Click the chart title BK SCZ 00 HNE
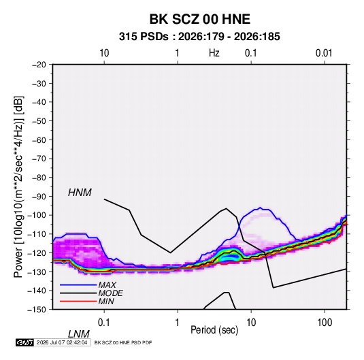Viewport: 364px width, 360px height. [199, 19]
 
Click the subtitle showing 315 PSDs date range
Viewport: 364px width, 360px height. [199, 37]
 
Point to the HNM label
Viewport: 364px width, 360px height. [80, 193]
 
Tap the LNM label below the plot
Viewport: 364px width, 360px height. [79, 334]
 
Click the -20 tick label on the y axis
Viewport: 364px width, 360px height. [39, 65]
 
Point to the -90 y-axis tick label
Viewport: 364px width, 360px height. [39, 197]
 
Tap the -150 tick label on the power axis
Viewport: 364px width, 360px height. [37, 310]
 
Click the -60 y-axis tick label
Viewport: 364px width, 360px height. [39, 140]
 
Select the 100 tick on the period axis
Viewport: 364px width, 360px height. [325, 323]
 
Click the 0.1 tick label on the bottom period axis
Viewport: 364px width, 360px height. [104, 323]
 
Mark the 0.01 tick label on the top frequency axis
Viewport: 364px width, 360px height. [324, 53]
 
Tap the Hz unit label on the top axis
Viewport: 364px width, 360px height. [214, 53]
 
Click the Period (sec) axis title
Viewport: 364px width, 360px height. [214, 330]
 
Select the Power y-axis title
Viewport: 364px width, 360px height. [18, 187]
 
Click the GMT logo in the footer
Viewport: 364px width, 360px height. [25, 342]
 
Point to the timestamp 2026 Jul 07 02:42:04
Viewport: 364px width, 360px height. [62, 342]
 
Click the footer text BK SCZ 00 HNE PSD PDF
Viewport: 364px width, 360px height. [123, 342]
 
